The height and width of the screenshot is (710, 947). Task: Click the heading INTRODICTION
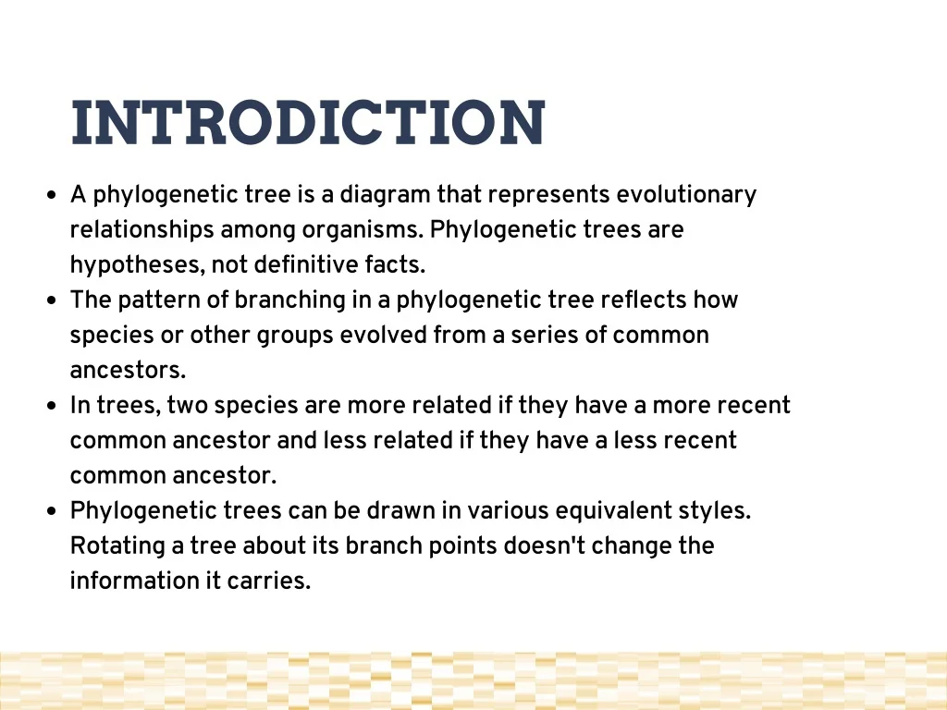pyautogui.click(x=308, y=123)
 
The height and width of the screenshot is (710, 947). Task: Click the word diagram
pyautogui.click(x=386, y=195)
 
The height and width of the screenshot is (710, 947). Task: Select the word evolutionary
pyautogui.click(x=686, y=195)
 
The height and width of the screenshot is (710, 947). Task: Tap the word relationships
pyautogui.click(x=141, y=230)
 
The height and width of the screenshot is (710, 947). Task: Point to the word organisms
pyautogui.click(x=363, y=230)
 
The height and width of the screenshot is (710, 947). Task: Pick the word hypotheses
pyautogui.click(x=138, y=265)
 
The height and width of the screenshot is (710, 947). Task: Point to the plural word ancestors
pyautogui.click(x=128, y=370)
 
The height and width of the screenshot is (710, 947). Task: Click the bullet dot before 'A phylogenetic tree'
pyautogui.click(x=52, y=195)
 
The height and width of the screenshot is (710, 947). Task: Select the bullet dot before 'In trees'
pyautogui.click(x=52, y=406)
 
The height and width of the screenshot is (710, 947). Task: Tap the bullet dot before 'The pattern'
pyautogui.click(x=52, y=300)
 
